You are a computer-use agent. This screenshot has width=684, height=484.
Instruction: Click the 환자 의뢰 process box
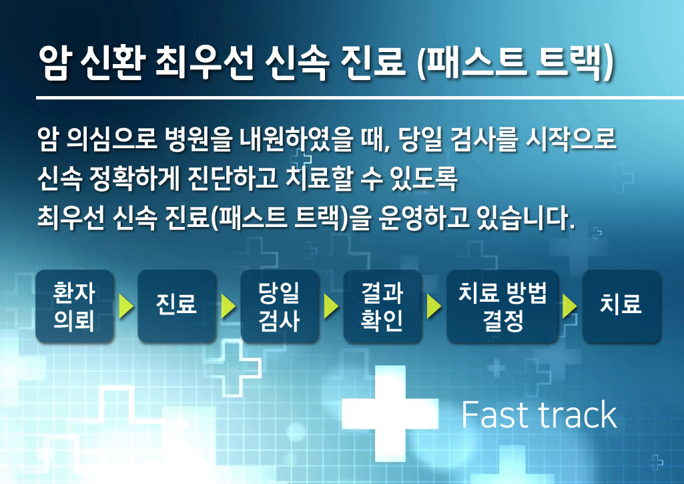tap(74, 306)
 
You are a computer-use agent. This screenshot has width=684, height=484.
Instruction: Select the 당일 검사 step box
tap(280, 306)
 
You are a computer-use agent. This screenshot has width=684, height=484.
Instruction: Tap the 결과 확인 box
tap(382, 306)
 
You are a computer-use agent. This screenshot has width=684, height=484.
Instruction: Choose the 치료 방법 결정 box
tap(502, 306)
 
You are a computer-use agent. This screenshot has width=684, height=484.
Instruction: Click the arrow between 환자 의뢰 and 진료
tap(125, 306)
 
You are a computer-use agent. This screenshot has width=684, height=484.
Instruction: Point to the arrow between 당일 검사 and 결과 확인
tap(331, 306)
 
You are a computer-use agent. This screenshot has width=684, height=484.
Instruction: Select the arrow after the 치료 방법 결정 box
tap(570, 306)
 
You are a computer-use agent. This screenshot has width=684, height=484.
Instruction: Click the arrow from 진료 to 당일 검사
tap(229, 306)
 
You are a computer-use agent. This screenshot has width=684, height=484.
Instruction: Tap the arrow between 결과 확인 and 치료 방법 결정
tap(434, 306)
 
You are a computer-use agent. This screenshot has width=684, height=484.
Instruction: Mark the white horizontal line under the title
tap(360, 97)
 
